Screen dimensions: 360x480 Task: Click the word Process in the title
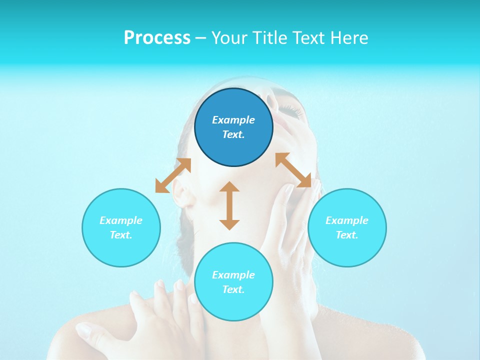click(157, 38)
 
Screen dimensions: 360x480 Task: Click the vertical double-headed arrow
click(229, 205)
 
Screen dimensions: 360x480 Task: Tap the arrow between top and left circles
click(173, 175)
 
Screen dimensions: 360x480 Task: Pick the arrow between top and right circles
click(293, 170)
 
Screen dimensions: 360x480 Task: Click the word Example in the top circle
click(233, 120)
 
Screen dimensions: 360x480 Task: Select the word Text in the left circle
click(121, 235)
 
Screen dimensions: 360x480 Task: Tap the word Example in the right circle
click(347, 220)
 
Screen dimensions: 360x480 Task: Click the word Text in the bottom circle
click(233, 289)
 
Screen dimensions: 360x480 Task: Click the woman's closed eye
click(295, 112)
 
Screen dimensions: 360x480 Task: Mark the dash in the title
click(200, 38)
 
